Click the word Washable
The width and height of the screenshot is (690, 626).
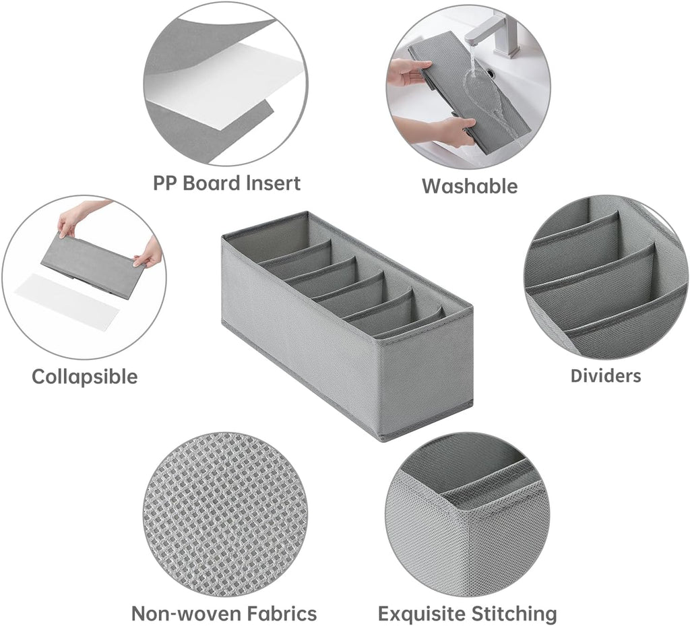[470, 186]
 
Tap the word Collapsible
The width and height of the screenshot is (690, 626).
[84, 377]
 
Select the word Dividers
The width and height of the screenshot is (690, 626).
[606, 376]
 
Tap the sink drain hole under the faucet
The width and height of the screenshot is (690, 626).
[489, 69]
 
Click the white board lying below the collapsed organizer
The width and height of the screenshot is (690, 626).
[67, 299]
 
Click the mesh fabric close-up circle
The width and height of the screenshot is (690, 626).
[225, 514]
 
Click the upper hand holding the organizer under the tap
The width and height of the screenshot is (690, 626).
[408, 71]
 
